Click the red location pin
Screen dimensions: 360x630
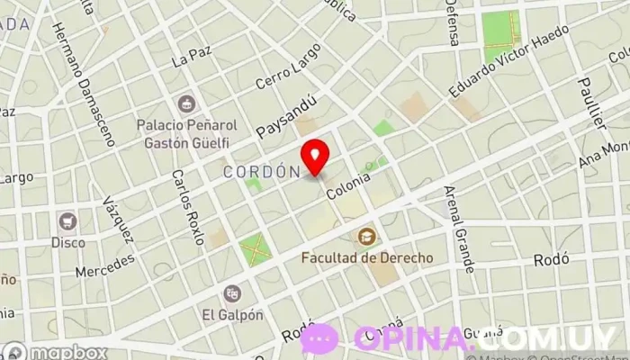(316, 157)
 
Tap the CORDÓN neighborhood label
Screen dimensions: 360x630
(261, 170)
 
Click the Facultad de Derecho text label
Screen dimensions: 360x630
(366, 257)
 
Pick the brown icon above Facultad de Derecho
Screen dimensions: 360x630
(366, 237)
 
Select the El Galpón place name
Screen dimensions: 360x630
(232, 314)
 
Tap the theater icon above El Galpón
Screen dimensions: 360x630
(232, 293)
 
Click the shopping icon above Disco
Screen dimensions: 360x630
(67, 220)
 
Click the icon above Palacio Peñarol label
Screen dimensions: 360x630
(187, 103)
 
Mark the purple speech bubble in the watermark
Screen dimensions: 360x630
(319, 339)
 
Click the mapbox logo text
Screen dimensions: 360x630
(67, 352)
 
